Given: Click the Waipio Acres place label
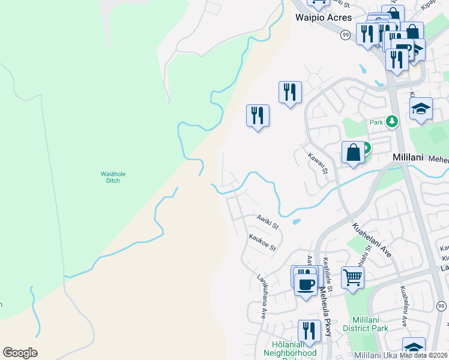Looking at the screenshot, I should [324, 17].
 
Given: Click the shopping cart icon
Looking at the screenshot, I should [352, 277].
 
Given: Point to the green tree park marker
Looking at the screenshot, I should [392, 122].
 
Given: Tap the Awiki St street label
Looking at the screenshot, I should [268, 221].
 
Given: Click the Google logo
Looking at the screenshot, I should [20, 353].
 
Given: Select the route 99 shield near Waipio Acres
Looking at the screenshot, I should [345, 35].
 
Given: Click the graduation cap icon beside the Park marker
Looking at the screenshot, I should [421, 109].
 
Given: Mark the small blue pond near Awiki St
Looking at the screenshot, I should [297, 221].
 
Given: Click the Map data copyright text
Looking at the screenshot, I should [423, 355].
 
